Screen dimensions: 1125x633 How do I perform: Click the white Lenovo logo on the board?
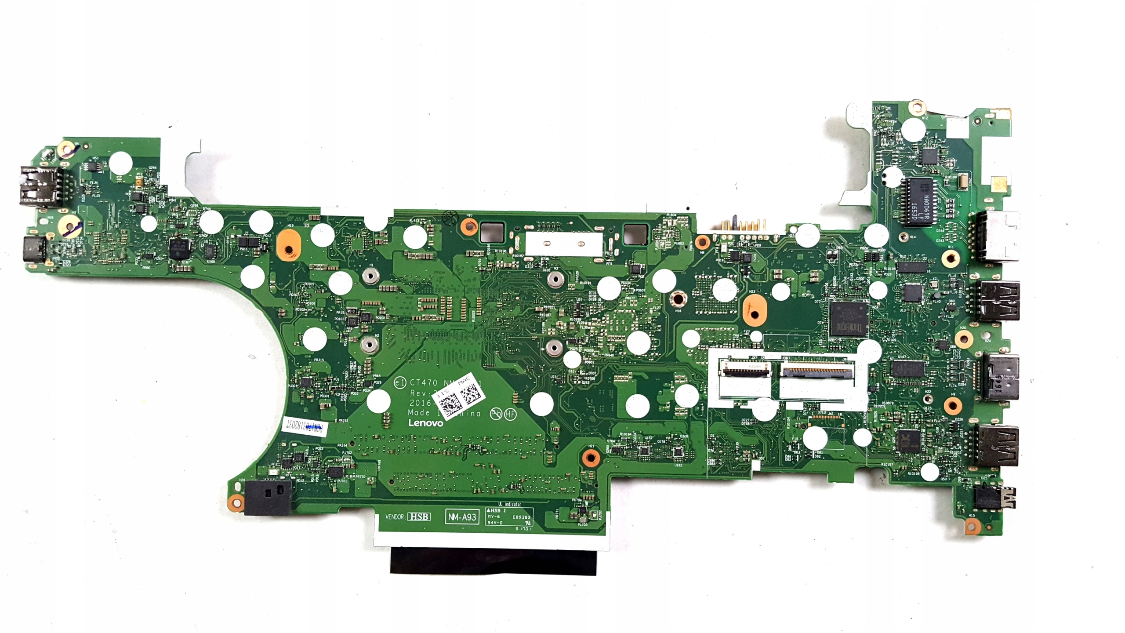pos(425,423)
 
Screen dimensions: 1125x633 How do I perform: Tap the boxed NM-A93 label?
pos(462,517)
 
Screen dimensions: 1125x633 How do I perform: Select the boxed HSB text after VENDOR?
pos(419,517)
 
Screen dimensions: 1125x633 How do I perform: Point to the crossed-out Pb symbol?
pos(496,414)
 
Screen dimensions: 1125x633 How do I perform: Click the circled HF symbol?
pos(511,414)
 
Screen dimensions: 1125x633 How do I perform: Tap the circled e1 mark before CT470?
pos(399,383)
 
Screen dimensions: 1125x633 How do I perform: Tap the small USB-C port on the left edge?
pos(33,249)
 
